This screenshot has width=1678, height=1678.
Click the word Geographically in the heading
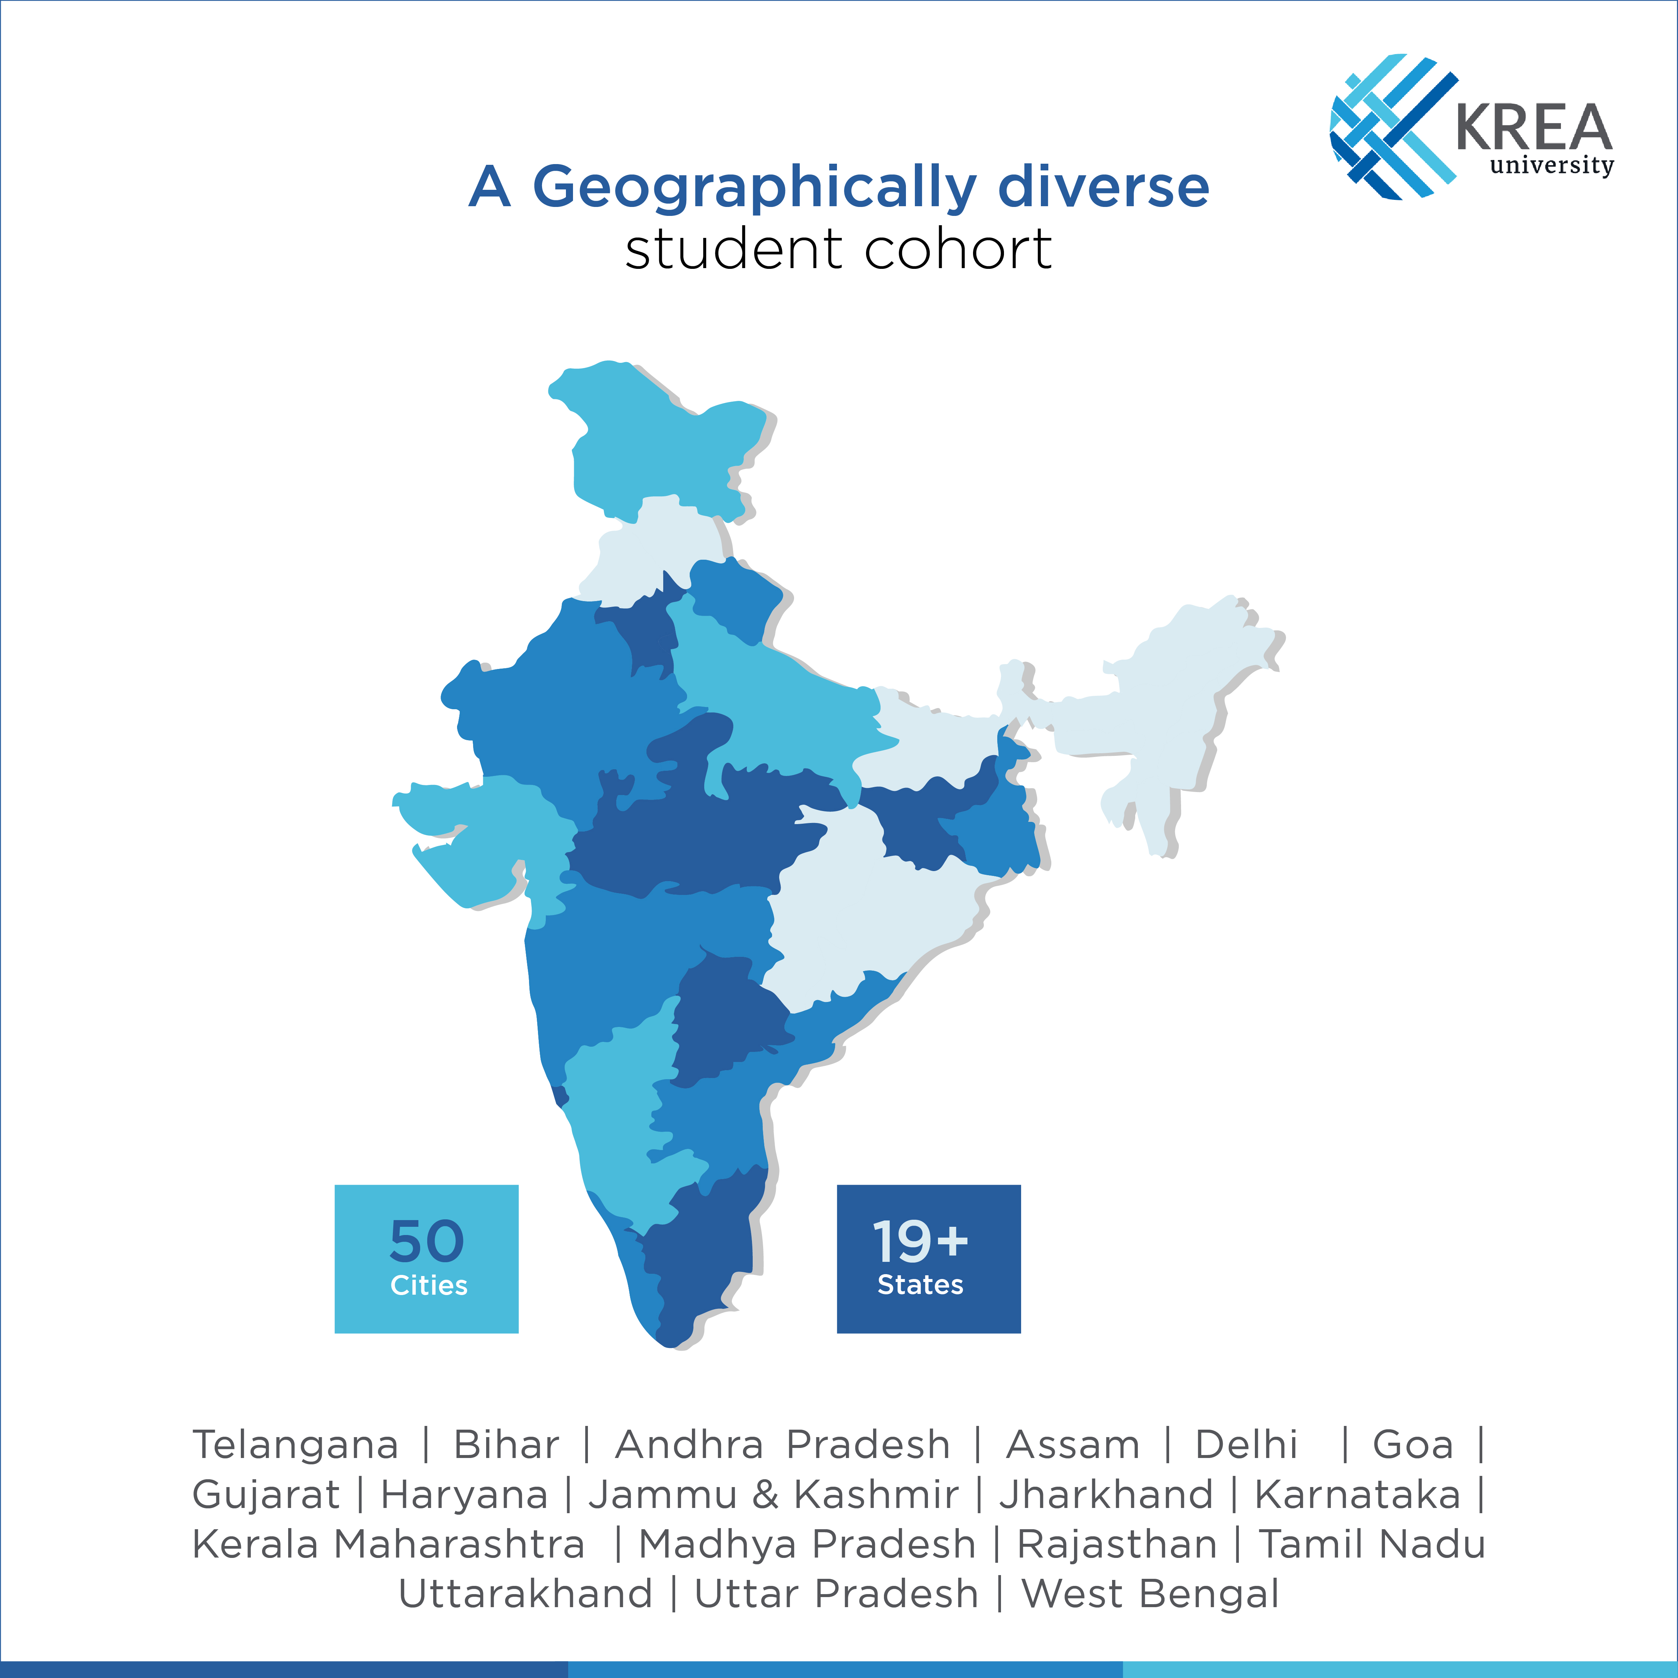[x=754, y=187]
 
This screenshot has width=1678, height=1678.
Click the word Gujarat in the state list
[x=266, y=1495]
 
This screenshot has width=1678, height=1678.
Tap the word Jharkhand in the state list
[x=1106, y=1495]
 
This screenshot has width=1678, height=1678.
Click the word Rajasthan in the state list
[x=1117, y=1544]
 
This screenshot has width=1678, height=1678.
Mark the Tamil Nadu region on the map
[x=703, y=1251]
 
